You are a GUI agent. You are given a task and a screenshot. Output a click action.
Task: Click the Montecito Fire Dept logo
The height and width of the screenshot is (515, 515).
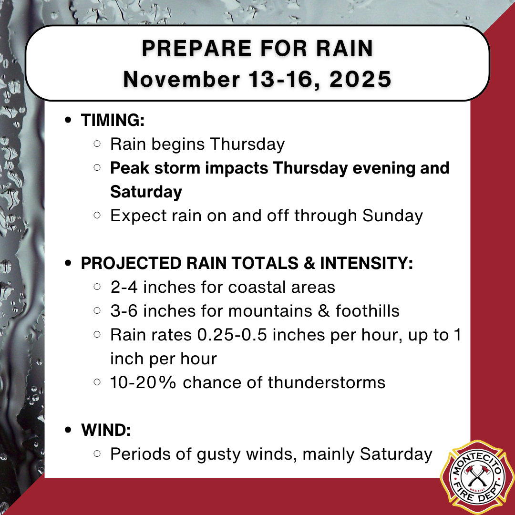point(477,477)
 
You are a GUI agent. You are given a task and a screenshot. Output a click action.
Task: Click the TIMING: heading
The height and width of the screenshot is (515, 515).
point(113,120)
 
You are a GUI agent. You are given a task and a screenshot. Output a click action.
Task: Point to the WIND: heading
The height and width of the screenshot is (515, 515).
point(106,430)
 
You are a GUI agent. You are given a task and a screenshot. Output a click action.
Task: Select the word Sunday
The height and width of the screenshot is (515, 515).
point(392,216)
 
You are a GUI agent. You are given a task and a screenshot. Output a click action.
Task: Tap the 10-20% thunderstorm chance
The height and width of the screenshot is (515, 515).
point(144,382)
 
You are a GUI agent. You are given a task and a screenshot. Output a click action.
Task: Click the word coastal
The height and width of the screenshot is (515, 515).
point(257,287)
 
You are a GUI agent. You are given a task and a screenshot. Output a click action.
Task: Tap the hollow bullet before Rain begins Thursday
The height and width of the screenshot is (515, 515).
point(97,144)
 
